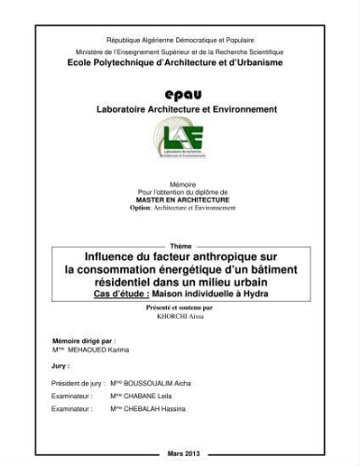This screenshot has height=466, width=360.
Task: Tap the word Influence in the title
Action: [96, 254]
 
